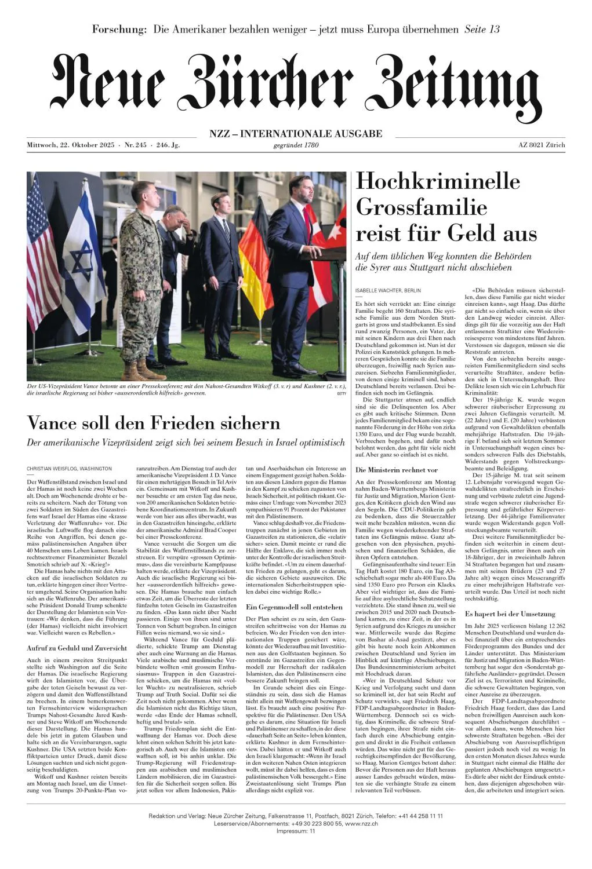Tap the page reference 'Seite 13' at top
pyautogui.click(x=482, y=30)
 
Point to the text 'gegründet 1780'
pyautogui.click(x=296, y=145)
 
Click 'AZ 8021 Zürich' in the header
pyautogui.click(x=542, y=145)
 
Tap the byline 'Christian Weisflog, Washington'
pyautogui.click(x=70, y=468)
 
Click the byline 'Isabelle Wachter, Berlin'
pyautogui.click(x=388, y=290)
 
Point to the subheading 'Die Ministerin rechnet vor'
pyautogui.click(x=397, y=470)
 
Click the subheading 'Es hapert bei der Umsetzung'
pyautogui.click(x=510, y=614)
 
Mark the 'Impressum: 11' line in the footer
pyautogui.click(x=296, y=831)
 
